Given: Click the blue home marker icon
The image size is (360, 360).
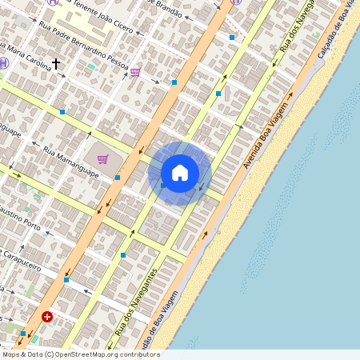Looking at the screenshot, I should pyautogui.click(x=180, y=173).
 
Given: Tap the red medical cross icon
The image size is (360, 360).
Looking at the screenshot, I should pyautogui.click(x=48, y=318).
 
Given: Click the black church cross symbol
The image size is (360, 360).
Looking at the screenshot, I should pyautogui.click(x=56, y=62).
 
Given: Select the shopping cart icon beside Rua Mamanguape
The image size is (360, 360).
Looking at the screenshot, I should pyautogui.click(x=102, y=158).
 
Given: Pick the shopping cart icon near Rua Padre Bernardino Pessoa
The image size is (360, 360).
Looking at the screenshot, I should pyautogui.click(x=135, y=72).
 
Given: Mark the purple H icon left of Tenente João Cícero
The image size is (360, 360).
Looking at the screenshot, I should pyautogui.click(x=53, y=2).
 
